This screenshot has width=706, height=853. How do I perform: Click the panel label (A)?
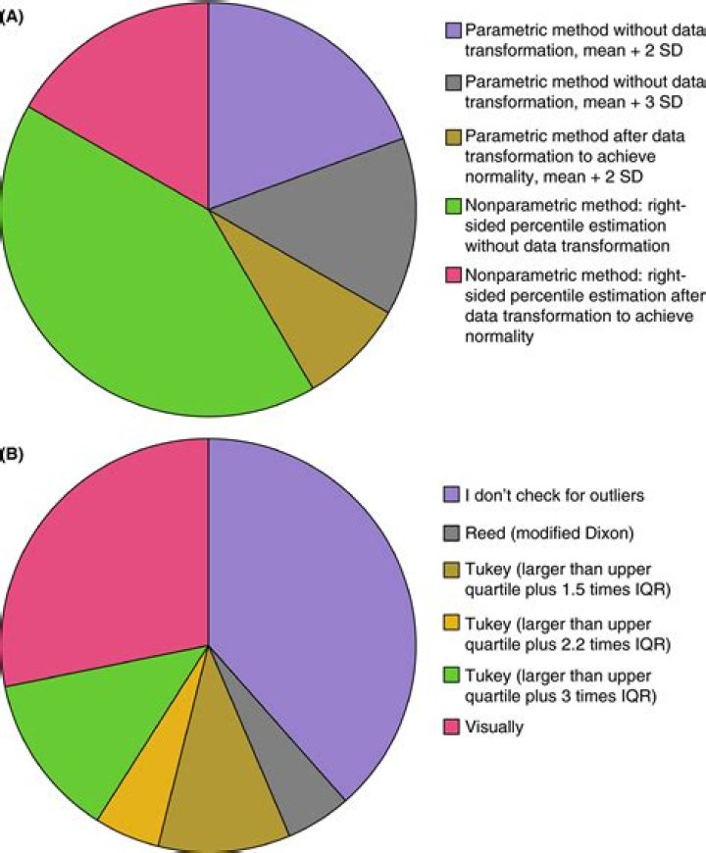(x=11, y=17)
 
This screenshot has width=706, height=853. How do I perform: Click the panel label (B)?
(x=11, y=455)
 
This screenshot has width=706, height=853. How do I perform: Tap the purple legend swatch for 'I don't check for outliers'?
(x=451, y=495)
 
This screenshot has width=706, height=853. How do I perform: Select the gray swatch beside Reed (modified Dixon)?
(x=451, y=532)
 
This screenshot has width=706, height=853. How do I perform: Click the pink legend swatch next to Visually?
(x=451, y=728)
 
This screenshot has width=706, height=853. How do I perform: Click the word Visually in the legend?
(x=496, y=728)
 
